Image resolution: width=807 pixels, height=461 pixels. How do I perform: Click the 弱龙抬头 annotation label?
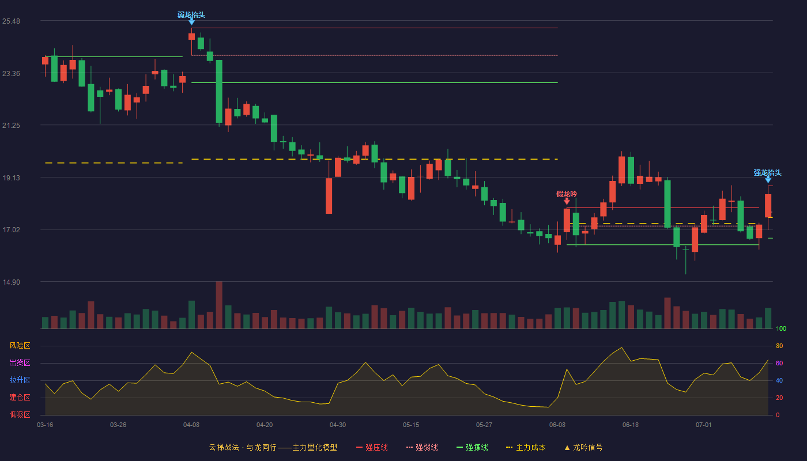(191, 15)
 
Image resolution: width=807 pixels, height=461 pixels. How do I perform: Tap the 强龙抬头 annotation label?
(767, 172)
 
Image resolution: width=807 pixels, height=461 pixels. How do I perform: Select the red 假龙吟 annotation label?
(566, 194)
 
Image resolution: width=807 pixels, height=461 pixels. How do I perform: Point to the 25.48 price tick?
(11, 21)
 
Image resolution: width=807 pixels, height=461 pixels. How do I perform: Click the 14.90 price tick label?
(11, 282)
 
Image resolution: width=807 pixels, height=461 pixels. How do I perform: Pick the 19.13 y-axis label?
(11, 178)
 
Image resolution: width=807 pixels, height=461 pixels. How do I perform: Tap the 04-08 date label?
(191, 425)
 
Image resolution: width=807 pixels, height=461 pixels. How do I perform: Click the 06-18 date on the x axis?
(631, 425)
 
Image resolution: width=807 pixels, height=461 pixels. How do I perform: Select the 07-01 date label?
(704, 425)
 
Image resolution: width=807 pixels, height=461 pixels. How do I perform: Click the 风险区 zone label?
(20, 345)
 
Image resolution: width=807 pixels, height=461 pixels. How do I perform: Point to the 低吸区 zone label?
(20, 414)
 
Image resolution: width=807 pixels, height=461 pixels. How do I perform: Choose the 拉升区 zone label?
(20, 380)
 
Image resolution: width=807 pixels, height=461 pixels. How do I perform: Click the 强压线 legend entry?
(372, 447)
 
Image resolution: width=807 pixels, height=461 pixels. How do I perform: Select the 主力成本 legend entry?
(526, 447)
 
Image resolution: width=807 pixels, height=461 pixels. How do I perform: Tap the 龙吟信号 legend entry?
(583, 447)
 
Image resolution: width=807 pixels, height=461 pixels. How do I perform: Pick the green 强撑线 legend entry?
(472, 447)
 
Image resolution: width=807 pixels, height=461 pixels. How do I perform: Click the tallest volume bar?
(219, 305)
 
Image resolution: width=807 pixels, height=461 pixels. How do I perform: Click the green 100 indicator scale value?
(781, 328)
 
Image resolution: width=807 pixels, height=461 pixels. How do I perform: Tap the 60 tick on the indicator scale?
(779, 363)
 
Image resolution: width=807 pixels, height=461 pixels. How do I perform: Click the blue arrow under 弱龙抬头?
(191, 22)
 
